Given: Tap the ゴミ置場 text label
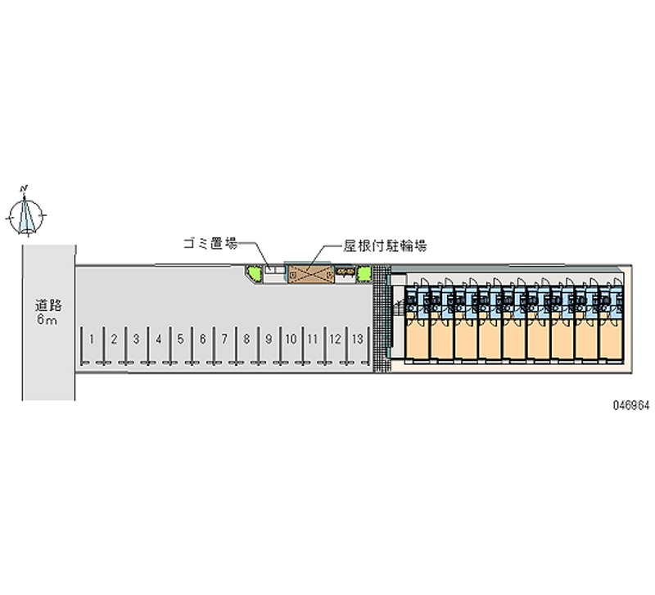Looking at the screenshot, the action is (210, 243).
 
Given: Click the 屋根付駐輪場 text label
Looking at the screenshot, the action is (385, 246).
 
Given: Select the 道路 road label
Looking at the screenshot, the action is (48, 305).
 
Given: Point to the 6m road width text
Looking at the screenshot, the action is (47, 320).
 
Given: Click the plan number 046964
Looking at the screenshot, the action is (631, 405).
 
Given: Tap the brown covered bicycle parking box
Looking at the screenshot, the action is (311, 274).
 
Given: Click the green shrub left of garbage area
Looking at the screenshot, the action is (253, 273).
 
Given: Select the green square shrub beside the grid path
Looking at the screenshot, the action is (364, 274).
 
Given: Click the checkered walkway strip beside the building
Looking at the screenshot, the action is (382, 318).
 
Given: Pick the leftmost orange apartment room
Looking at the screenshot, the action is (417, 338).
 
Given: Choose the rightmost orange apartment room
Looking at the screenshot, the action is (611, 338).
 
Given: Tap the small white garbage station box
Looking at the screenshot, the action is (275, 270).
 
